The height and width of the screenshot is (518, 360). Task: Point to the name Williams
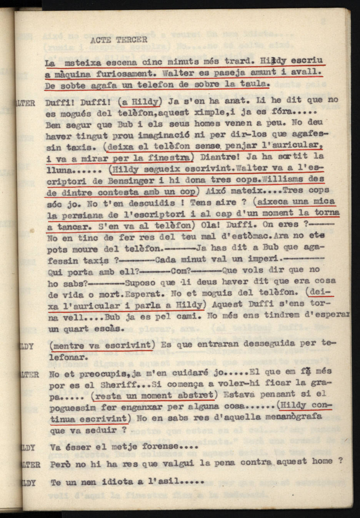pyautogui.click(x=280, y=179)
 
